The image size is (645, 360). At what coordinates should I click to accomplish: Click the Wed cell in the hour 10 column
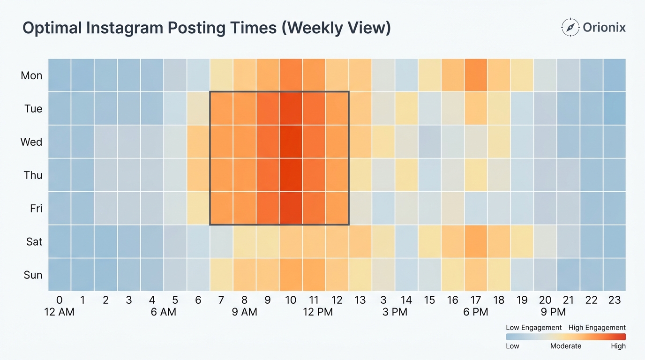[291, 142]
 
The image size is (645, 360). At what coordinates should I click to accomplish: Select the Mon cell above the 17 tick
[476, 75]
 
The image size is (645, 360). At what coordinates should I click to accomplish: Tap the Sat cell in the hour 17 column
[476, 241]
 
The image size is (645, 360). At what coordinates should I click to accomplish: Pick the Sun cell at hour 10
[291, 275]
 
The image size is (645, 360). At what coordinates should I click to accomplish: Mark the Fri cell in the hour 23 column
[615, 208]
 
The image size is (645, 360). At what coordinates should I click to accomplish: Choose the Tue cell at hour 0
[60, 108]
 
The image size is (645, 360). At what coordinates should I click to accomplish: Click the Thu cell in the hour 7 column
[221, 175]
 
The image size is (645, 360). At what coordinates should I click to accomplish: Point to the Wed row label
[31, 142]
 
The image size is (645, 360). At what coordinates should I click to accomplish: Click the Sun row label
[33, 275]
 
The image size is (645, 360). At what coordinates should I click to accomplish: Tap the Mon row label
[31, 75]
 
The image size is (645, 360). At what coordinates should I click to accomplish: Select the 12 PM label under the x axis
[318, 312]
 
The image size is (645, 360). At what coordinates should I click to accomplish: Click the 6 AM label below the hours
[163, 312]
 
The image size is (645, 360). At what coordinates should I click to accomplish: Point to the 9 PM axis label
[553, 312]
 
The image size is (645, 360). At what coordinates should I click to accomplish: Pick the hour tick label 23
[615, 300]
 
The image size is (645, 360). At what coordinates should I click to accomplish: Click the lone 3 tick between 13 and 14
[383, 300]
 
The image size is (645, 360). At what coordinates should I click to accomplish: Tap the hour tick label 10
[291, 300]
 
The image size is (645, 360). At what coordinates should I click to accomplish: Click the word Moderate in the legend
[566, 346]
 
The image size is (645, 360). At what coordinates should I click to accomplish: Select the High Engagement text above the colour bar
[597, 328]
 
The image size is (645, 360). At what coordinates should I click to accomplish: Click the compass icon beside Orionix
[570, 28]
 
